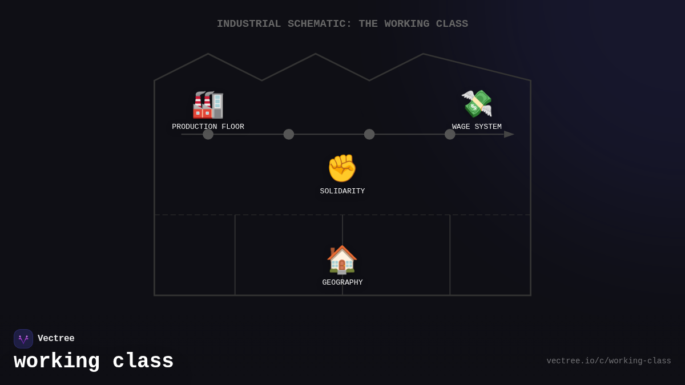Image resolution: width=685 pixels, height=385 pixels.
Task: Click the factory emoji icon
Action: coord(208,105)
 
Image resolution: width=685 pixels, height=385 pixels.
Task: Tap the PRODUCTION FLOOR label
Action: coord(208,127)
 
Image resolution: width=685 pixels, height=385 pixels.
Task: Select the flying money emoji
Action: coord(477,104)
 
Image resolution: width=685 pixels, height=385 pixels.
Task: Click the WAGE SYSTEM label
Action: coord(477,127)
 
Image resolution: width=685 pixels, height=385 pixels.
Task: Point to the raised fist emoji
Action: coord(342,168)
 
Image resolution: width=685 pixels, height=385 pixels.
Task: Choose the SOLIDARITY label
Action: coord(342,191)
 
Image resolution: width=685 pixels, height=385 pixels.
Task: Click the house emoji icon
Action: coord(342,260)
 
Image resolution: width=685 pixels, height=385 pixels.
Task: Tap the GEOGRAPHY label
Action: coord(342,282)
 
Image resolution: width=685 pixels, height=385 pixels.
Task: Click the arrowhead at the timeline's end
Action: coord(509,134)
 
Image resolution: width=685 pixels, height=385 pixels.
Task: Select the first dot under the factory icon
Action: coord(208,134)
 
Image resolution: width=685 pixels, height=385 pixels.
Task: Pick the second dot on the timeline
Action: coord(289,134)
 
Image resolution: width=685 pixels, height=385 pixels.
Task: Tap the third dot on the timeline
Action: coord(369,134)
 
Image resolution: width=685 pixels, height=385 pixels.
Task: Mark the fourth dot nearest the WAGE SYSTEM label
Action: coord(450,134)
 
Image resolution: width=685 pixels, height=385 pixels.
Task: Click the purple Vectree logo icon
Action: coord(23,339)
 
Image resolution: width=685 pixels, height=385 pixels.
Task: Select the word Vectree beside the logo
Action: coord(56,338)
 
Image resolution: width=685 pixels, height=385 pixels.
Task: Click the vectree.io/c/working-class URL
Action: coord(609,361)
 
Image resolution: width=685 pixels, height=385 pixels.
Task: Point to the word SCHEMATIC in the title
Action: coord(320,24)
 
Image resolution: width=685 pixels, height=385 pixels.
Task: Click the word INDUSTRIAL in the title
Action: coord(249,24)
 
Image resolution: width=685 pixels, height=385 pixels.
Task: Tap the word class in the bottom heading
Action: coord(143,361)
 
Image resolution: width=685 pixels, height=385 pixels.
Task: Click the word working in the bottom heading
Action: coord(57,362)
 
